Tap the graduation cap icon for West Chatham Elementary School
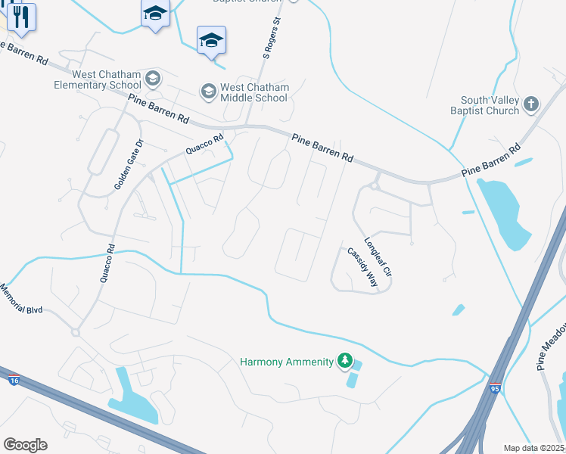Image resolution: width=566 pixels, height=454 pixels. coord(154,79)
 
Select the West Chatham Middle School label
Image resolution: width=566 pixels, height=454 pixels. coord(254,92)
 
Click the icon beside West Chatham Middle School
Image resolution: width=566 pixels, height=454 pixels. coord(208,92)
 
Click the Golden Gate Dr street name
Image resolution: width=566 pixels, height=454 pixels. coord(129,164)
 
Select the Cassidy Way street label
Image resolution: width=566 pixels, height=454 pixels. coord(362,266)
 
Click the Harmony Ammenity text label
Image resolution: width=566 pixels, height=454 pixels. coord(287,362)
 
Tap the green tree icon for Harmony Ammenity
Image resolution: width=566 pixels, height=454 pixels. coord(345,361)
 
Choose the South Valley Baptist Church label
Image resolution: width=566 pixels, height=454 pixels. coord(490,105)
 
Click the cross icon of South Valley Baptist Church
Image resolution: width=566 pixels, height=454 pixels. coord(532,104)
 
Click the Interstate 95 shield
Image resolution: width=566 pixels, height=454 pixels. coord(495,388)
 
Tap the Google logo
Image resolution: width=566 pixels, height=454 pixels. coord(25,445)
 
